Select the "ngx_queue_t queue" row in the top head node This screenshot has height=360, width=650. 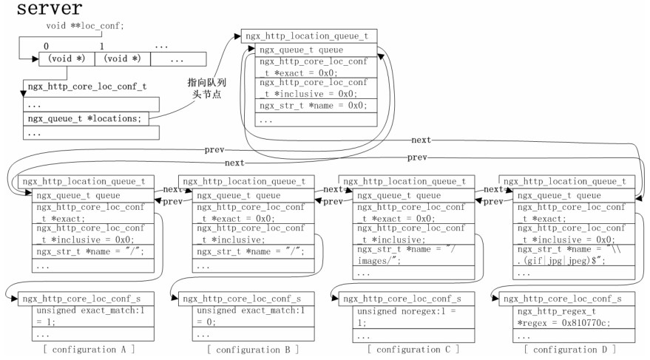click(x=310, y=50)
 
